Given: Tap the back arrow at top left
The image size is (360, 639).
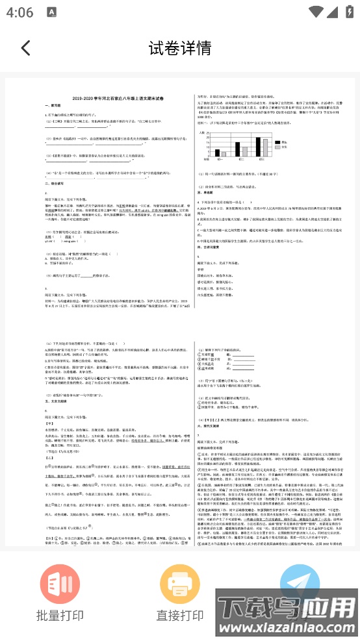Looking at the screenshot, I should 25,48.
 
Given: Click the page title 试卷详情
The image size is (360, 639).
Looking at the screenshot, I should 180,48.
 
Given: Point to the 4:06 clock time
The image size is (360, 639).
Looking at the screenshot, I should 22,12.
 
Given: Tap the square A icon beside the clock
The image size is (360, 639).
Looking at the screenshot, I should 53,12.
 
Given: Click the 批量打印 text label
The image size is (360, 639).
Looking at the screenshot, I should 60,616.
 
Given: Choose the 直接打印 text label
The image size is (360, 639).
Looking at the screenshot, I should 180,616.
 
